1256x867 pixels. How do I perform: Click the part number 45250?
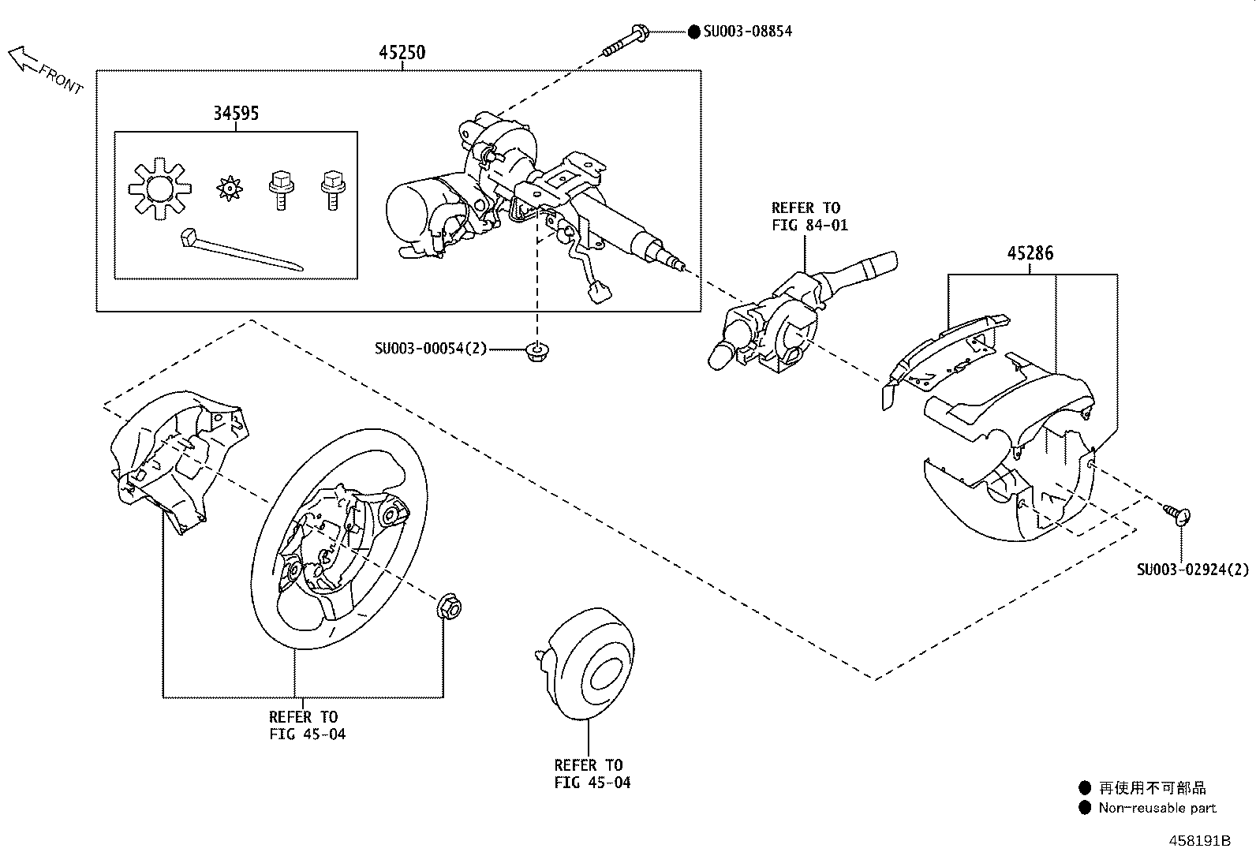click(x=402, y=53)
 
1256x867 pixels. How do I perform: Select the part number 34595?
click(x=235, y=114)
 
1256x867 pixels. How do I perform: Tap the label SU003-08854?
click(x=747, y=32)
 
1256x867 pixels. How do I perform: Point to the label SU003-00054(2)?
click(x=431, y=348)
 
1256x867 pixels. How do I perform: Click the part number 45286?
click(x=1030, y=254)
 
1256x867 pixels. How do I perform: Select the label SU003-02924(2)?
click(x=1193, y=569)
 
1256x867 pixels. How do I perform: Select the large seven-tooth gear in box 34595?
click(x=160, y=188)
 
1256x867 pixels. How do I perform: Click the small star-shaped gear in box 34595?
click(x=228, y=189)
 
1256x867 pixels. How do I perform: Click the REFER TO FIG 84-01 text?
click(x=809, y=216)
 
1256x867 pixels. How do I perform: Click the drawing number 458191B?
click(x=1199, y=841)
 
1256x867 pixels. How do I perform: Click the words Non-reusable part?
click(x=1157, y=808)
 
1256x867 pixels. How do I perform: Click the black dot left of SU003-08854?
click(x=693, y=32)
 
